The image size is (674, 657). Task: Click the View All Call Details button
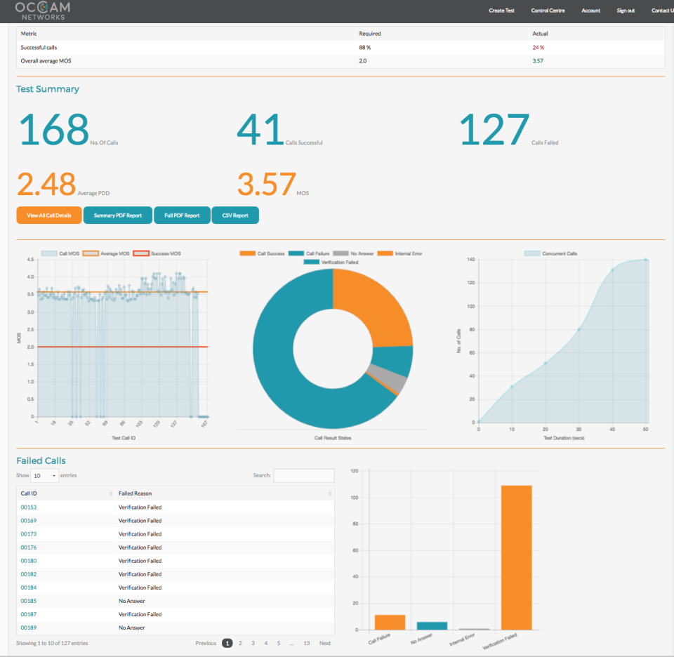pos(49,215)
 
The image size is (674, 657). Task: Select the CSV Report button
pos(235,215)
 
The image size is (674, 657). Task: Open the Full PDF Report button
pos(182,215)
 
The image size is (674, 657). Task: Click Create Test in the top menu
pos(501,11)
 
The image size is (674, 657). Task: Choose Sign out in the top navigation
pos(626,11)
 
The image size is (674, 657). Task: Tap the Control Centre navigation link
pos(548,11)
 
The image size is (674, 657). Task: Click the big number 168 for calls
pos(53,130)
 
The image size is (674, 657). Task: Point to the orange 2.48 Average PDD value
pos(46,185)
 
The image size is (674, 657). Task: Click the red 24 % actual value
pos(538,48)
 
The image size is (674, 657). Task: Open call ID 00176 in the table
pos(29,547)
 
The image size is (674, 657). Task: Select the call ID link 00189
pos(29,628)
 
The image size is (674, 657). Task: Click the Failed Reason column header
pos(135,493)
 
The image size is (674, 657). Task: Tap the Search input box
pos(303,476)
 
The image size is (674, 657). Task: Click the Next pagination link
pos(325,643)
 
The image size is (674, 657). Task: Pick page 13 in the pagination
pos(307,643)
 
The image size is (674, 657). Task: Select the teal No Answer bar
pos(432,625)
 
